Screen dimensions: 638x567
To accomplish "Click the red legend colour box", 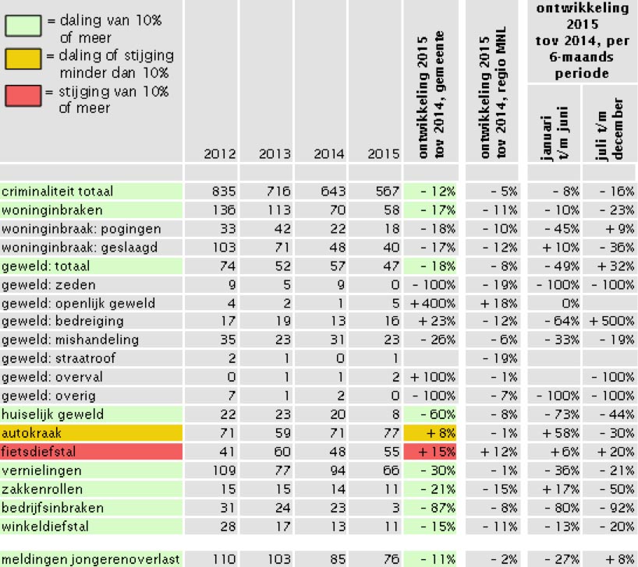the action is [x=23, y=96].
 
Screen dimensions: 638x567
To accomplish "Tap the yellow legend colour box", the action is [x=23, y=58].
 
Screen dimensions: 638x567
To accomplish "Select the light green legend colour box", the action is [x=23, y=25].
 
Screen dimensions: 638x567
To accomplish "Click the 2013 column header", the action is [x=275, y=154].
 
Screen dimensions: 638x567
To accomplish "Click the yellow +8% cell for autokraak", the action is [x=430, y=433].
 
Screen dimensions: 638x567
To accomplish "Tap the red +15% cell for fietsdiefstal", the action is [x=430, y=452].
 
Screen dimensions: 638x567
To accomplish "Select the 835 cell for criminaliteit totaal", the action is [x=224, y=191].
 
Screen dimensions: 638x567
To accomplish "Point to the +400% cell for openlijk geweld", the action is [x=432, y=303].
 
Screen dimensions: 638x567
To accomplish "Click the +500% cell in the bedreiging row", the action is [x=611, y=321].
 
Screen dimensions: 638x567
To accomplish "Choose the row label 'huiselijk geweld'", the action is [x=52, y=414].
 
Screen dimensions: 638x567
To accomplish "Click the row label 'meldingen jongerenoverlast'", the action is [x=90, y=560].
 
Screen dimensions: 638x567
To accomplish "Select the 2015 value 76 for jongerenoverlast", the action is [x=391, y=559].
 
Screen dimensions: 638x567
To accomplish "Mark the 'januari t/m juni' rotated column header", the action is [x=554, y=134].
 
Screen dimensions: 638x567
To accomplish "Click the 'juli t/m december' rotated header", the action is [x=609, y=129].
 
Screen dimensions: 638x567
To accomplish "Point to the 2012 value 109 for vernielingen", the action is [x=224, y=470].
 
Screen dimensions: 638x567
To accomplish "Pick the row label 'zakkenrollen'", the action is [x=42, y=489].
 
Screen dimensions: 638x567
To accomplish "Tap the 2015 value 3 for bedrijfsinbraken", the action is [x=395, y=508].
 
